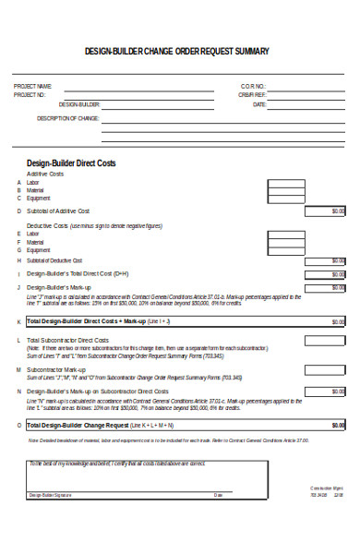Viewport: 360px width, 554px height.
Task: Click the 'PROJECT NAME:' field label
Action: [x=32, y=86]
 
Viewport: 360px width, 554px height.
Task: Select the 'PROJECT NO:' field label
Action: [x=30, y=94]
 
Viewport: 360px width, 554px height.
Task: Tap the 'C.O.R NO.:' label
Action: [x=253, y=86]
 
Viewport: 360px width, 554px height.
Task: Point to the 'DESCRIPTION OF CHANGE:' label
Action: [x=67, y=118]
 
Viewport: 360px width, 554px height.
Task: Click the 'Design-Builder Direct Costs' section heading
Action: [x=71, y=163]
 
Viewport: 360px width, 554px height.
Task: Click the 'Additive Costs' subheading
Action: [x=45, y=174]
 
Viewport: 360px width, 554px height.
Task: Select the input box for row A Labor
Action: [x=289, y=182]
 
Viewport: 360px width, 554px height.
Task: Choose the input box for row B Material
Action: [x=289, y=190]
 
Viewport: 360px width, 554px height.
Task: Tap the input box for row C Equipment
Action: [x=289, y=199]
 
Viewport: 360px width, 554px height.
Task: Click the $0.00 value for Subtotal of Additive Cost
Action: [x=336, y=211]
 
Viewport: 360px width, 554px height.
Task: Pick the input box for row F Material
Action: [x=289, y=242]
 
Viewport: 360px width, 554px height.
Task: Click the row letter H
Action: [x=18, y=260]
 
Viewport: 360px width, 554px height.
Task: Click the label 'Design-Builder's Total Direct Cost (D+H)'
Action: [x=78, y=273]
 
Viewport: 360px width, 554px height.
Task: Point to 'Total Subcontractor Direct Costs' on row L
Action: [x=71, y=340]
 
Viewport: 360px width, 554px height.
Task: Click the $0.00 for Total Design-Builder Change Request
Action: [x=336, y=425]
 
